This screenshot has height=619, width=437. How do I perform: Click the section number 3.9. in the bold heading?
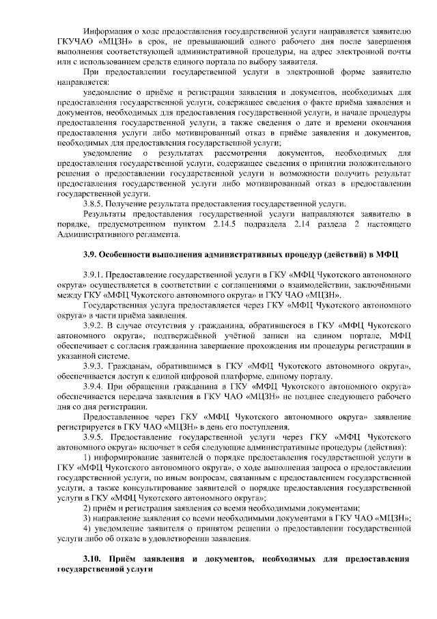(91, 256)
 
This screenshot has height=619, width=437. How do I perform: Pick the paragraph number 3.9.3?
(92, 367)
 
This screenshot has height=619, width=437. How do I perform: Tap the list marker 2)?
(86, 508)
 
